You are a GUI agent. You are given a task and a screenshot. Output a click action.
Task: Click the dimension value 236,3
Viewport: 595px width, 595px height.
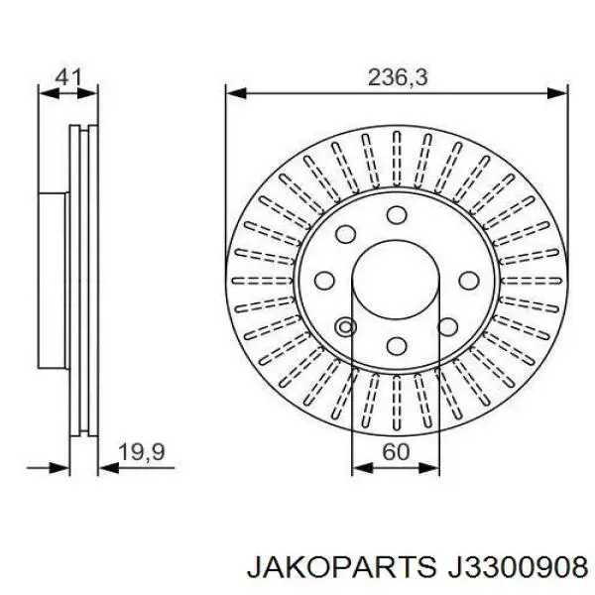[x=397, y=77]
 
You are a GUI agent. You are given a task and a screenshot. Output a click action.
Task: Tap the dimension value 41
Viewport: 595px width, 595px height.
[x=68, y=76]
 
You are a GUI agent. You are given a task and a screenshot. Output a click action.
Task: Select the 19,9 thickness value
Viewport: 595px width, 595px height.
[x=141, y=453]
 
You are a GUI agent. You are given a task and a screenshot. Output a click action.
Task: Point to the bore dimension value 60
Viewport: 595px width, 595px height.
[x=396, y=452]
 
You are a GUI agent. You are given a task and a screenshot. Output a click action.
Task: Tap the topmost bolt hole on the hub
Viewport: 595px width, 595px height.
[x=397, y=216]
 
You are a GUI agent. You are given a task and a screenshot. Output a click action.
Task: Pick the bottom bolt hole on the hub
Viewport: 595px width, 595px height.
[x=397, y=345]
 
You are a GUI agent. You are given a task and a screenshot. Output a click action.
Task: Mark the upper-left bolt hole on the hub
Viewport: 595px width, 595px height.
[x=347, y=234]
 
